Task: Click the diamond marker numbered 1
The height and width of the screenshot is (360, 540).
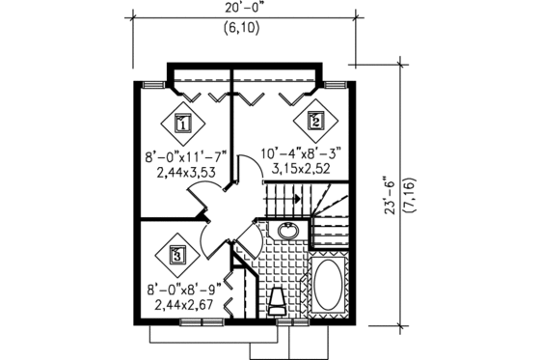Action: pos(183,124)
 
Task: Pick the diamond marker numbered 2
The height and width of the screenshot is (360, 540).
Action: pos(315,121)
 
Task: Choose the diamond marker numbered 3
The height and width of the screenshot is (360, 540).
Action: pos(177,256)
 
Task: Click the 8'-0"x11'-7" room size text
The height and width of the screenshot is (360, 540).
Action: pos(185,158)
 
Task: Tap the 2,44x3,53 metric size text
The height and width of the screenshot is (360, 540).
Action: pos(186,172)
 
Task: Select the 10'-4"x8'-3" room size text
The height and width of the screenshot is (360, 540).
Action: pos(301,153)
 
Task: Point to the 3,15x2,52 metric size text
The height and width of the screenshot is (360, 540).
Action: pos(301,169)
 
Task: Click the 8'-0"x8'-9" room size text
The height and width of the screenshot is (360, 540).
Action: pos(183,290)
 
